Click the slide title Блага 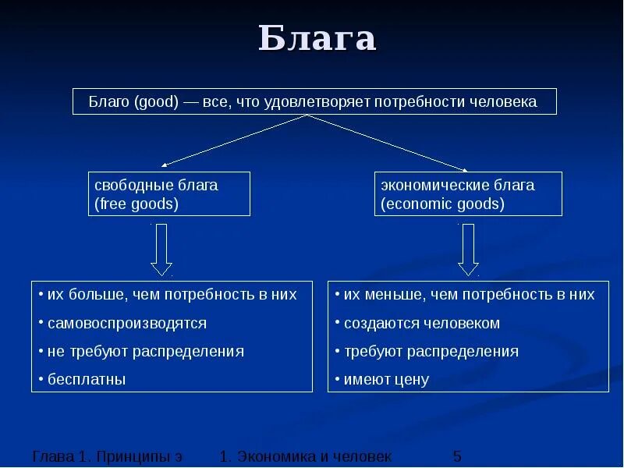click(x=317, y=40)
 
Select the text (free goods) click(x=136, y=204)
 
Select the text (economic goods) click(x=442, y=204)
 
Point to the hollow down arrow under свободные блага click(x=161, y=248)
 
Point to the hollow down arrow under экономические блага click(x=468, y=248)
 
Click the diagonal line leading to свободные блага click(x=234, y=140)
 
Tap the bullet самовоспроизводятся click(x=126, y=323)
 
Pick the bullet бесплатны click(x=86, y=379)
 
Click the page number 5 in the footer click(x=457, y=456)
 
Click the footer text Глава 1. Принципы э click(x=108, y=456)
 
